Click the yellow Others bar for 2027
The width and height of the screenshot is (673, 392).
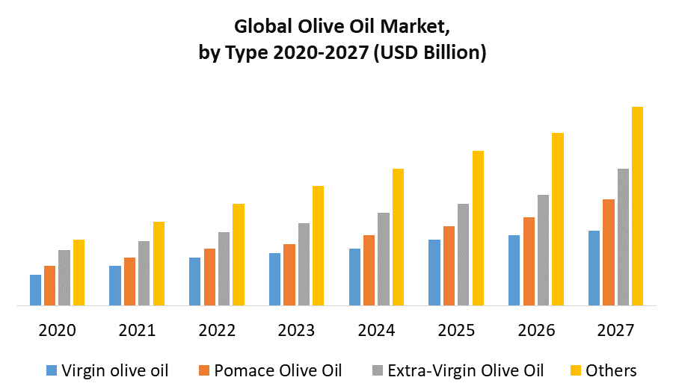pyautogui.click(x=637, y=206)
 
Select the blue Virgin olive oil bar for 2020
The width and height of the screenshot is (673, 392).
pyautogui.click(x=35, y=290)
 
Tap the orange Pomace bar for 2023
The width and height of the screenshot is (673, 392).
pyautogui.click(x=289, y=275)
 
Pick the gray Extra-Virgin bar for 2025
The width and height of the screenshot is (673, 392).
pyautogui.click(x=463, y=255)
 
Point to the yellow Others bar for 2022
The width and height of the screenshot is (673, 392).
pyautogui.click(x=239, y=255)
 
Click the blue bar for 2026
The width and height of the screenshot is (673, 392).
pyautogui.click(x=514, y=270)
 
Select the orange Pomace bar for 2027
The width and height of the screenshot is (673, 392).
pyautogui.click(x=609, y=252)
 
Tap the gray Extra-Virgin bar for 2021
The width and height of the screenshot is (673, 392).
pyautogui.click(x=144, y=273)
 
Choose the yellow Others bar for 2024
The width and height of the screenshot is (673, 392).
pyautogui.click(x=398, y=237)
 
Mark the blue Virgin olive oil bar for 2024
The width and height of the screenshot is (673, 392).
pyautogui.click(x=354, y=277)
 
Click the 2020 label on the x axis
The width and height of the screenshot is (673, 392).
pyautogui.click(x=57, y=330)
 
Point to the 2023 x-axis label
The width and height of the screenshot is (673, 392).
pyautogui.click(x=297, y=330)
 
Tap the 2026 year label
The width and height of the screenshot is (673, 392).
pyautogui.click(x=536, y=330)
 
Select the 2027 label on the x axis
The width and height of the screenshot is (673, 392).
pyautogui.click(x=616, y=330)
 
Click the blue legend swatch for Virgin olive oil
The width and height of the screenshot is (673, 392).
pyautogui.click(x=52, y=370)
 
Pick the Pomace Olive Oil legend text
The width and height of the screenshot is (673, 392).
pyautogui.click(x=277, y=370)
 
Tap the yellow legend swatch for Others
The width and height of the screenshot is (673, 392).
pyautogui.click(x=575, y=370)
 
